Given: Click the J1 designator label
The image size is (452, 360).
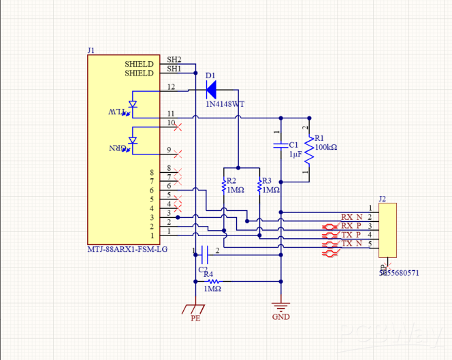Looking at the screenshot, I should (x=91, y=50).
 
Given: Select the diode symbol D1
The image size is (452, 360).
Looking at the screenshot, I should (x=211, y=88).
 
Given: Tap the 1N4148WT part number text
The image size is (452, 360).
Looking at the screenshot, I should (x=225, y=104).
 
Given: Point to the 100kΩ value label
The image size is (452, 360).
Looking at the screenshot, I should (x=325, y=146).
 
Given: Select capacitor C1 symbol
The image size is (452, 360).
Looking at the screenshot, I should (x=279, y=145).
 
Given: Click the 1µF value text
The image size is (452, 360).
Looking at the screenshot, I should (x=295, y=154).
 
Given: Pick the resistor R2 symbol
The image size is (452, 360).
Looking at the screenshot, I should (x=223, y=185).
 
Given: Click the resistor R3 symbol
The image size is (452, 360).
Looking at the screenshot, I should (x=259, y=185).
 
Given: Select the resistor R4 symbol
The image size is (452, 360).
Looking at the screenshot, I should (x=212, y=280).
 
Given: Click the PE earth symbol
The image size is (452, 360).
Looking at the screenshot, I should (x=195, y=310).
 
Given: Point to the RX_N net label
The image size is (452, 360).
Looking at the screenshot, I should (x=352, y=217).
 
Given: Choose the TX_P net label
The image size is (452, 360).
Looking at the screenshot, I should (x=352, y=235).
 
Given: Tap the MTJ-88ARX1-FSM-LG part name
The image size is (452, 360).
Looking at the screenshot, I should (x=127, y=250).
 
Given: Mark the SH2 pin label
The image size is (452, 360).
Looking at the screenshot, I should (x=174, y=60).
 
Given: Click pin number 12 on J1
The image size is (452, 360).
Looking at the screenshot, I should (x=171, y=87).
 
